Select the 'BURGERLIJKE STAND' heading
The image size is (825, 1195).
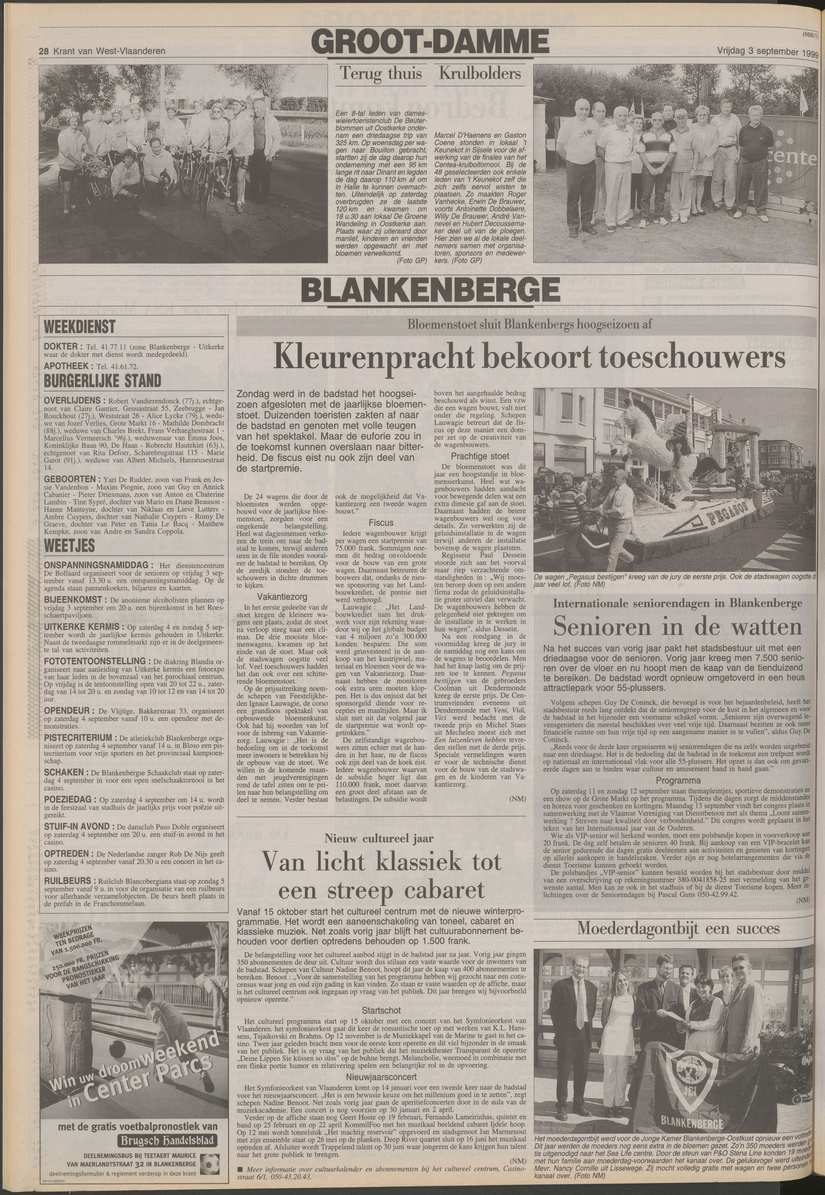point(102,381)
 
